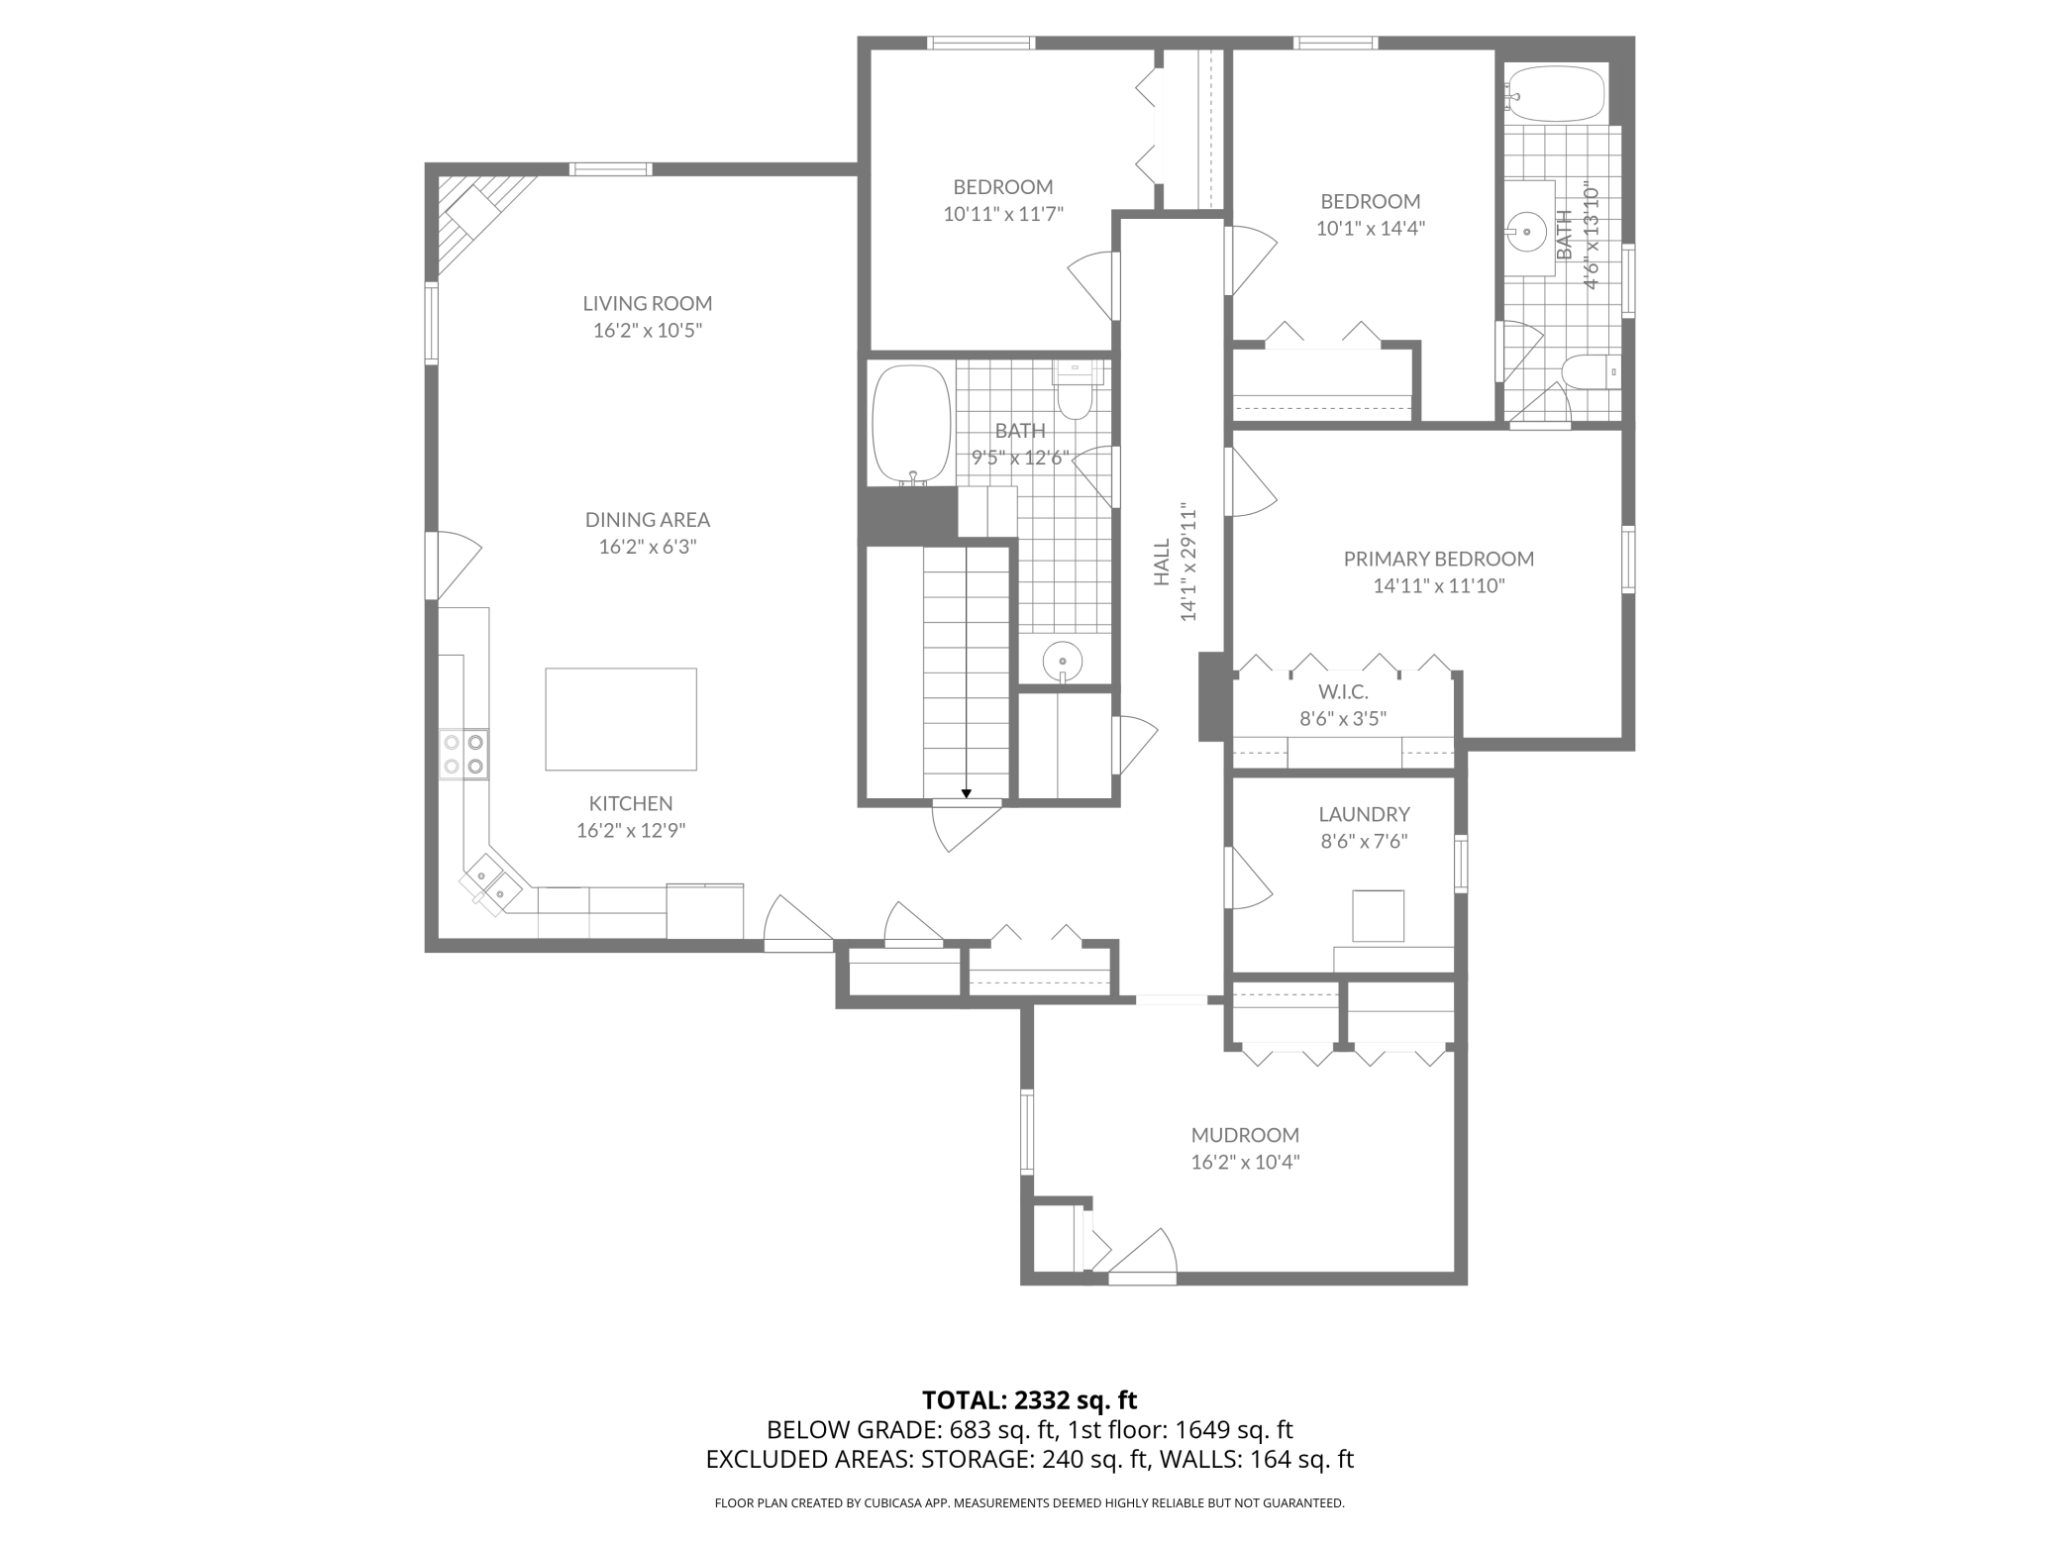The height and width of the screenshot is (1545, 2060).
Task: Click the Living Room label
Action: tap(647, 303)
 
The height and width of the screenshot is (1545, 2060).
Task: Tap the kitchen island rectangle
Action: tap(621, 719)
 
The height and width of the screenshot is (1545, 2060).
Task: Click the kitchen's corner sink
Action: tap(490, 882)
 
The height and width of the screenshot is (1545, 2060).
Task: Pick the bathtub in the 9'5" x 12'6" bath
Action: tap(911, 426)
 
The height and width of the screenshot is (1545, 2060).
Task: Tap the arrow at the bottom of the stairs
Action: tap(966, 792)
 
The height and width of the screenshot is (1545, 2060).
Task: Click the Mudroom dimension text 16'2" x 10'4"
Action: tap(1245, 1162)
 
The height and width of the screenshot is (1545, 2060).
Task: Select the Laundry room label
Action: tap(1364, 814)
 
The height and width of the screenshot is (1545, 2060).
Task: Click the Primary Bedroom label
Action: tap(1439, 559)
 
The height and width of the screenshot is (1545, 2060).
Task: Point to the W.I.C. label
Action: tap(1343, 691)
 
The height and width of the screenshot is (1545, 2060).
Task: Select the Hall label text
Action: tap(1162, 562)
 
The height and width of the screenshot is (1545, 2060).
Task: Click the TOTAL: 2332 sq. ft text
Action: tap(1029, 1400)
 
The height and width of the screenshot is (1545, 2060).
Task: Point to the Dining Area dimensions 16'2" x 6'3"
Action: tap(648, 547)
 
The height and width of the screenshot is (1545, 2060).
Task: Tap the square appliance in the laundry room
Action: tap(1379, 915)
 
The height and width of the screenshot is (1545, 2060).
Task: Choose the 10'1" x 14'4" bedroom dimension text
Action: tap(1371, 228)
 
